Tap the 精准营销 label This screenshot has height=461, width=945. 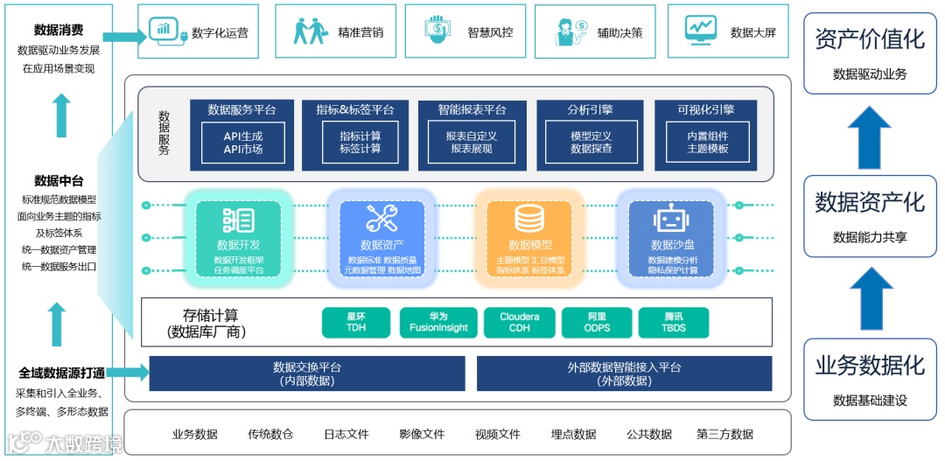(x=360, y=32)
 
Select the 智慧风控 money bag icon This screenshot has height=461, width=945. (x=439, y=30)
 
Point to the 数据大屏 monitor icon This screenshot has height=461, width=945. (x=700, y=29)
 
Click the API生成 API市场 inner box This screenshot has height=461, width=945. (x=242, y=142)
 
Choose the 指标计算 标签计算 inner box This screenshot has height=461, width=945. (x=360, y=142)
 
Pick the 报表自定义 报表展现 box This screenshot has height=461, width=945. (x=472, y=142)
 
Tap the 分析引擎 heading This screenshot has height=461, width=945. (x=591, y=110)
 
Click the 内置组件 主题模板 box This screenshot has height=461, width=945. (x=707, y=142)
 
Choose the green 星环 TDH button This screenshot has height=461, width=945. (x=356, y=322)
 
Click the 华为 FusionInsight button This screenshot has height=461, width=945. (x=438, y=322)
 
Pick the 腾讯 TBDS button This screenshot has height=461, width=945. (x=674, y=322)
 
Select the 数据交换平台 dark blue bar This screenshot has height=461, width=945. (x=306, y=374)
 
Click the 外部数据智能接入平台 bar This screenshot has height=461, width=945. (x=624, y=374)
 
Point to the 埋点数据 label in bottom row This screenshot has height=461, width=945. (x=573, y=434)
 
